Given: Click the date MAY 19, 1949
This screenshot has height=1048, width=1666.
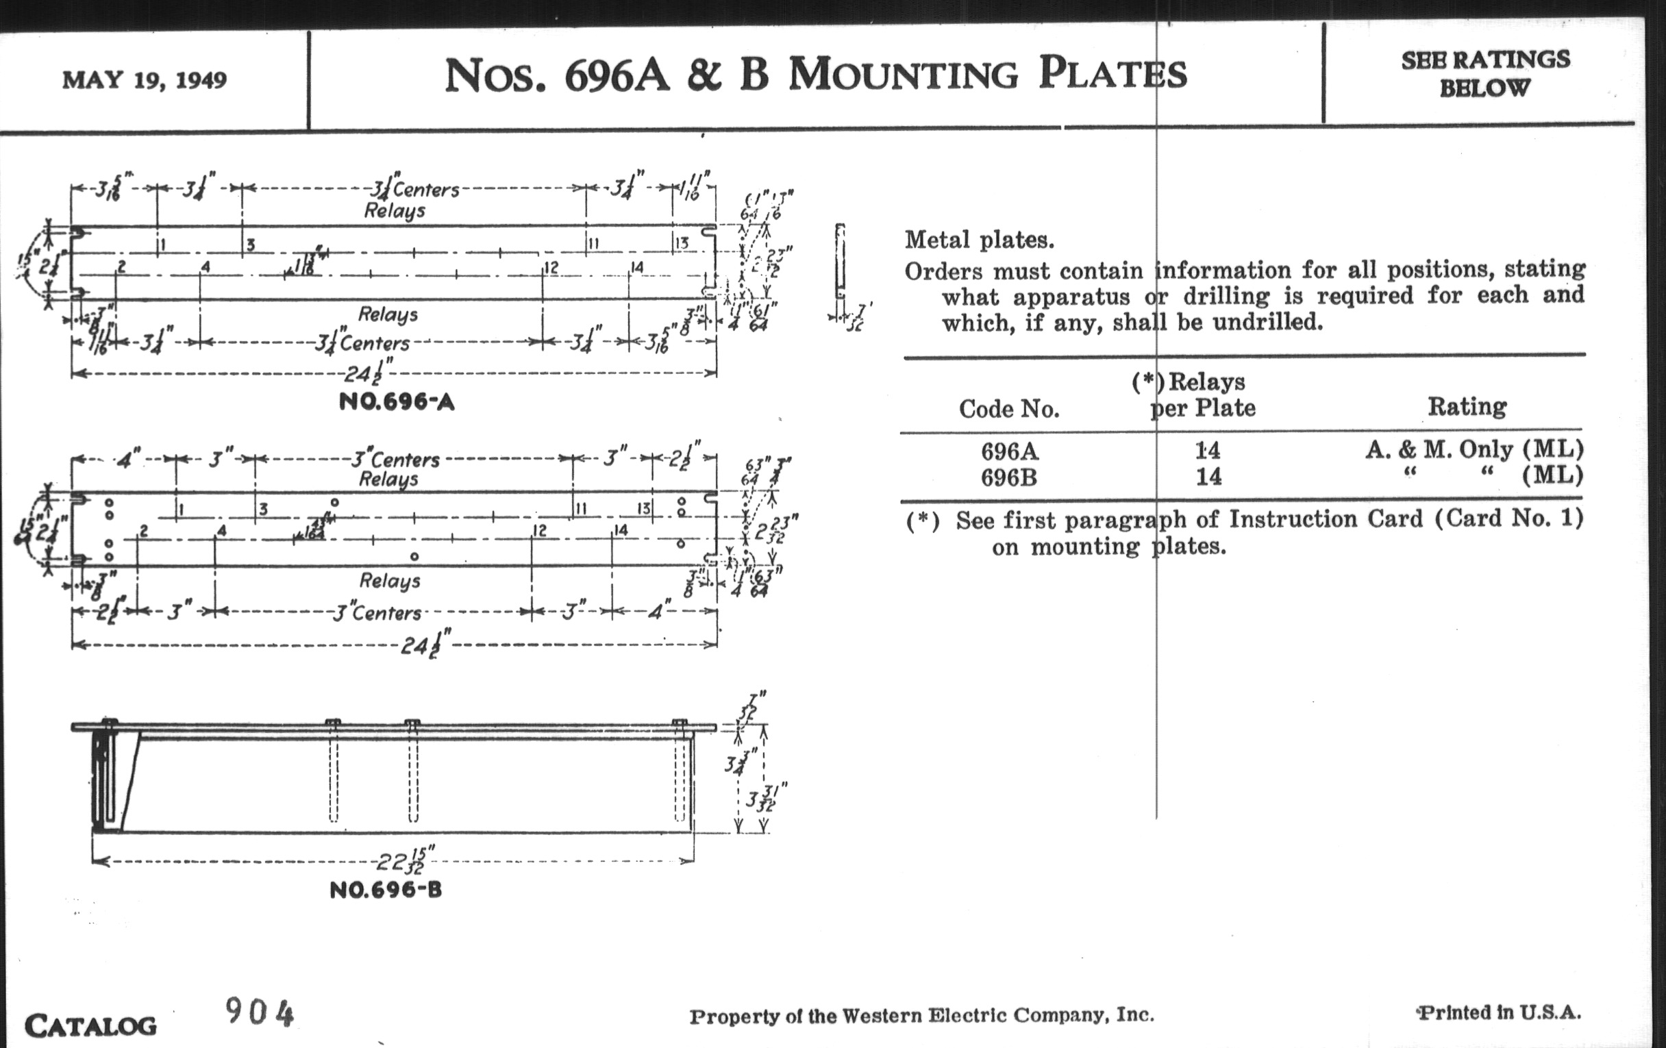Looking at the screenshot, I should click(x=145, y=80).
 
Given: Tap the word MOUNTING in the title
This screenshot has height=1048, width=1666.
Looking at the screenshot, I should click(x=903, y=75).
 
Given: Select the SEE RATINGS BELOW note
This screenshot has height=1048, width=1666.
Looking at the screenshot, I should click(x=1485, y=73).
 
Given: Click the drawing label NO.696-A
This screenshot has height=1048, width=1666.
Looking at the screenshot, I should click(x=397, y=402).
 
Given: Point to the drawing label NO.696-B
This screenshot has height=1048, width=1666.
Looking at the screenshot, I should click(x=386, y=890).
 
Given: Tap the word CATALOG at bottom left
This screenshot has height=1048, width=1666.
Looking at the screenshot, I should click(x=90, y=1025).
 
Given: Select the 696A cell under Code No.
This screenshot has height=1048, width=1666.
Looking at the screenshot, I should click(x=1010, y=451).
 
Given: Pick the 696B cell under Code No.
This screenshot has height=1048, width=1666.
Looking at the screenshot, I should click(x=1010, y=477).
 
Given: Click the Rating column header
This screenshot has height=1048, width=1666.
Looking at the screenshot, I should click(x=1467, y=407).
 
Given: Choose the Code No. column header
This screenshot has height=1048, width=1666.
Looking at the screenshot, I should click(x=1009, y=410).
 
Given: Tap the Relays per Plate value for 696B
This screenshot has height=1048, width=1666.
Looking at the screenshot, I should click(x=1208, y=477).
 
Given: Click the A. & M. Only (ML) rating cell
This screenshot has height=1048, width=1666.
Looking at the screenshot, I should click(x=1474, y=449).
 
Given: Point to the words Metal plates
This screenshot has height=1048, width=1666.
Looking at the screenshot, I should click(x=979, y=240).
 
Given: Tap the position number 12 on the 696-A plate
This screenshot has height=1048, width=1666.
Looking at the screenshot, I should click(x=551, y=268).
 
